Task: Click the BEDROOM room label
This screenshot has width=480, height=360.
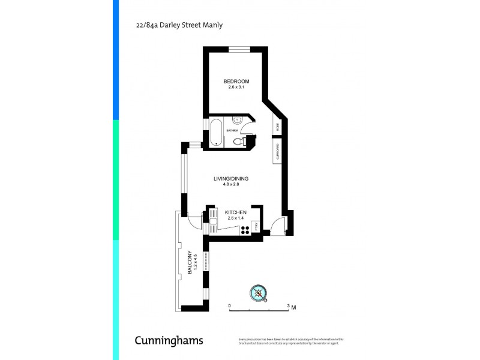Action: pyautogui.click(x=236, y=82)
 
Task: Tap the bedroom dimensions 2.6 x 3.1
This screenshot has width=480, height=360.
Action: pyautogui.click(x=236, y=88)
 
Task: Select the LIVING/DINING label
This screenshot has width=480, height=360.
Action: pyautogui.click(x=231, y=179)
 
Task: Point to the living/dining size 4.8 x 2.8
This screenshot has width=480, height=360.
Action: pyautogui.click(x=231, y=185)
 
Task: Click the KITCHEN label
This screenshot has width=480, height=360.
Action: pyautogui.click(x=236, y=212)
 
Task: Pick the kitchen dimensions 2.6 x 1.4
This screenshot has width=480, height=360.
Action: pyautogui.click(x=236, y=218)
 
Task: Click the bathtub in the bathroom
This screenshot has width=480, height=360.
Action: pyautogui.click(x=215, y=133)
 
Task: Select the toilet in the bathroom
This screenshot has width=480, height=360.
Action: pyautogui.click(x=238, y=142)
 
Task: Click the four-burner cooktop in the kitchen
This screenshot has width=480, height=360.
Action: pyautogui.click(x=245, y=229)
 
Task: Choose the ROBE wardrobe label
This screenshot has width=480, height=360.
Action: pyautogui.click(x=277, y=127)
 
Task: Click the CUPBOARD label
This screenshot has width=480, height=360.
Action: pyautogui.click(x=277, y=152)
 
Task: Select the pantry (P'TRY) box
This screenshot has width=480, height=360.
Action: pyautogui.click(x=256, y=227)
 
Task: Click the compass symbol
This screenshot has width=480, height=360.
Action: pyautogui.click(x=258, y=293)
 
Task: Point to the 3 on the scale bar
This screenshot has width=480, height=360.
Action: pyautogui.click(x=288, y=306)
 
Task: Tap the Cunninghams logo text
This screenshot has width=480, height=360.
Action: pyautogui.click(x=169, y=341)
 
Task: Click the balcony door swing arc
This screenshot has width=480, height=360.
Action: pyautogui.click(x=193, y=221)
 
